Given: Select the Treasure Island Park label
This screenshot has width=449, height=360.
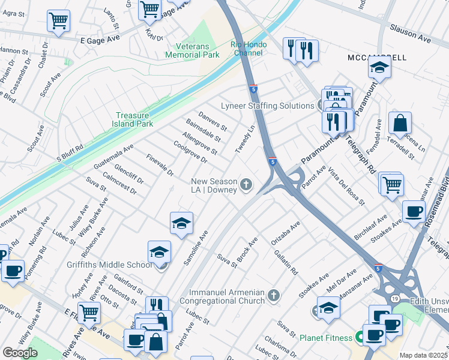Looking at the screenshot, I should pyautogui.click(x=134, y=119).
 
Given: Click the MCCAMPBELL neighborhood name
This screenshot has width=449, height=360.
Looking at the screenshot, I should pyautogui.click(x=376, y=58).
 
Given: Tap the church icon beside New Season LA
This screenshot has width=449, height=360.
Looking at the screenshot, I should pyautogui.click(x=246, y=185).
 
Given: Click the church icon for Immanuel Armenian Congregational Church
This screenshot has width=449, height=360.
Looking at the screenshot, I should pyautogui.click(x=273, y=295).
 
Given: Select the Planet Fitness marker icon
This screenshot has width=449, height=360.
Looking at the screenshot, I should pyautogui.click(x=360, y=338).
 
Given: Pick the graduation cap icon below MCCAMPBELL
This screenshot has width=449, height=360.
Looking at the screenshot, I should pyautogui.click(x=379, y=70).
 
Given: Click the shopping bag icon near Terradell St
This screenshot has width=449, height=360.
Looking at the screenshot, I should pyautogui.click(x=400, y=124).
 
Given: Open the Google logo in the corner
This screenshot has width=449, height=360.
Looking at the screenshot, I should pyautogui.click(x=20, y=352).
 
